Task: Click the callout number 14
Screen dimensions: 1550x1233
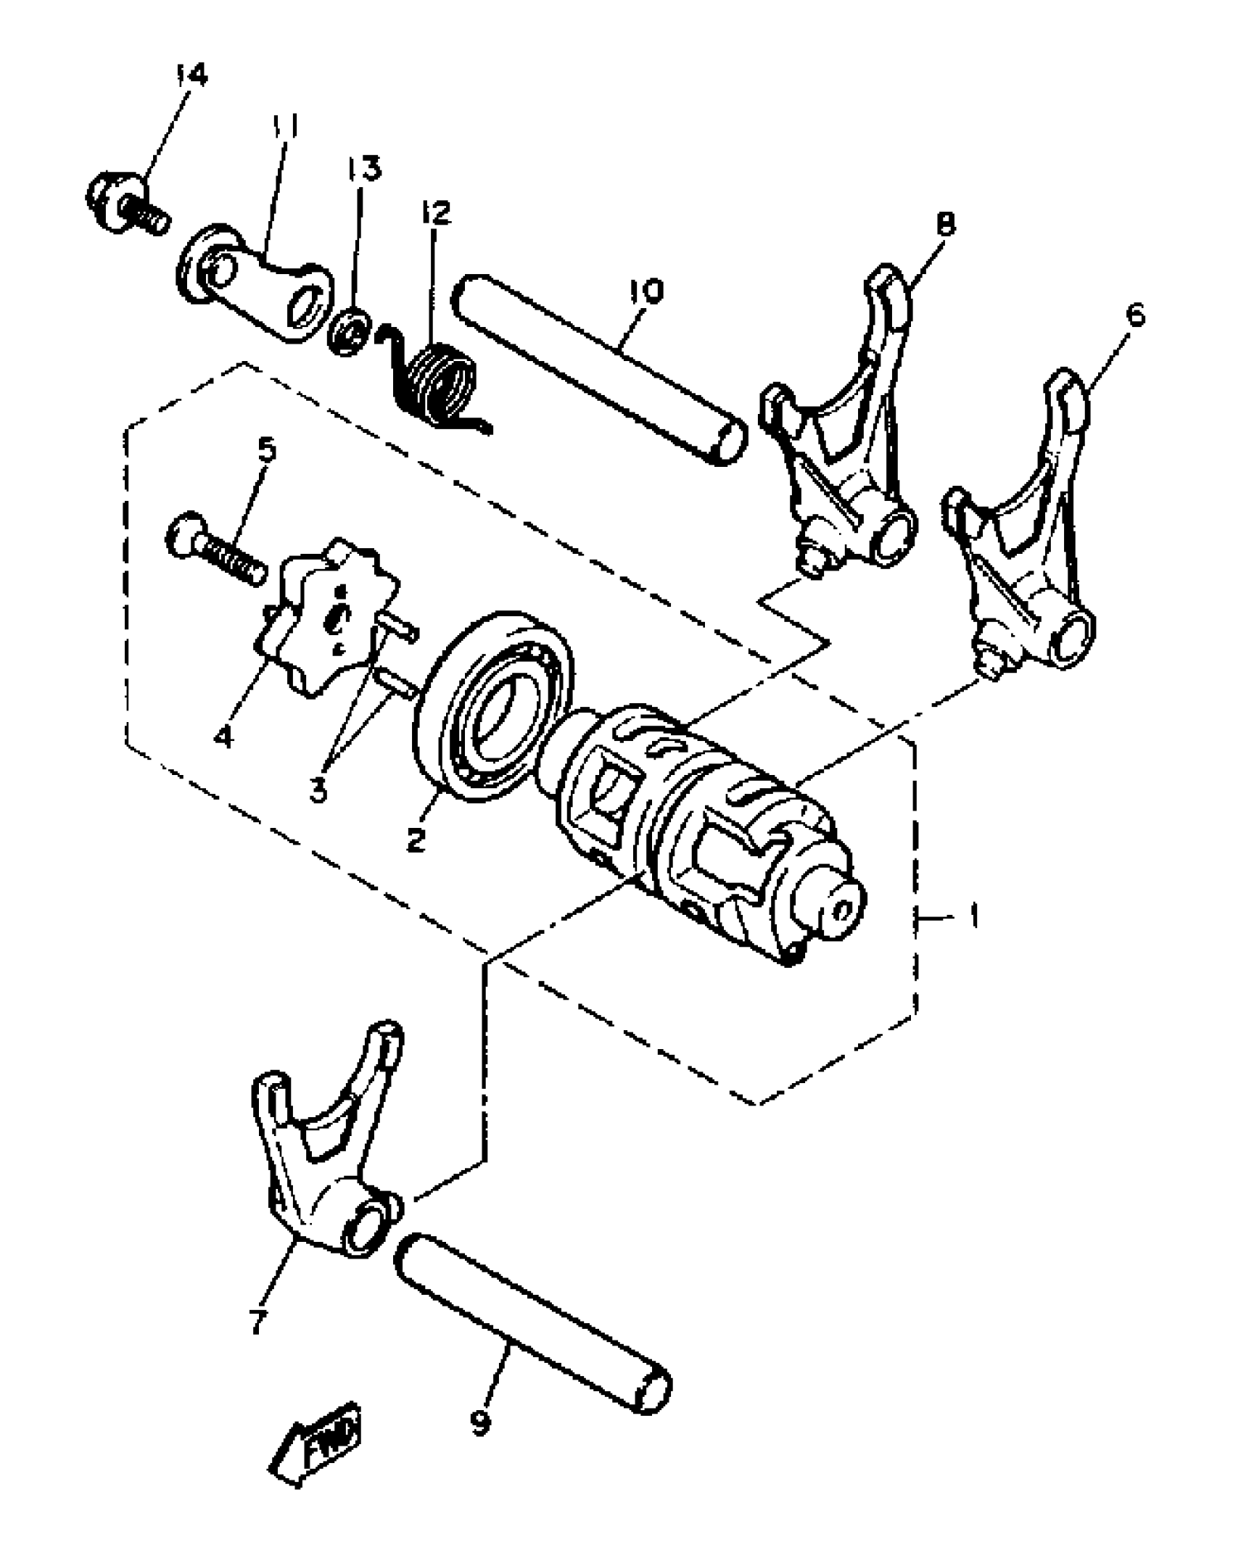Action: (191, 75)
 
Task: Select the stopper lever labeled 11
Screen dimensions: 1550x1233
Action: (254, 283)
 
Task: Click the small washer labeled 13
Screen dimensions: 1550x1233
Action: (350, 328)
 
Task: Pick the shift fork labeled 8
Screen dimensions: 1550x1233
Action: (841, 449)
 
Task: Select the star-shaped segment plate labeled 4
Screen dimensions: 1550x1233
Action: (330, 622)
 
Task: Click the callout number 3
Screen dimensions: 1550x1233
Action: (318, 789)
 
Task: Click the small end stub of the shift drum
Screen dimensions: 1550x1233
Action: (834, 910)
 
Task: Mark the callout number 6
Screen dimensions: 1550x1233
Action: (1136, 317)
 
